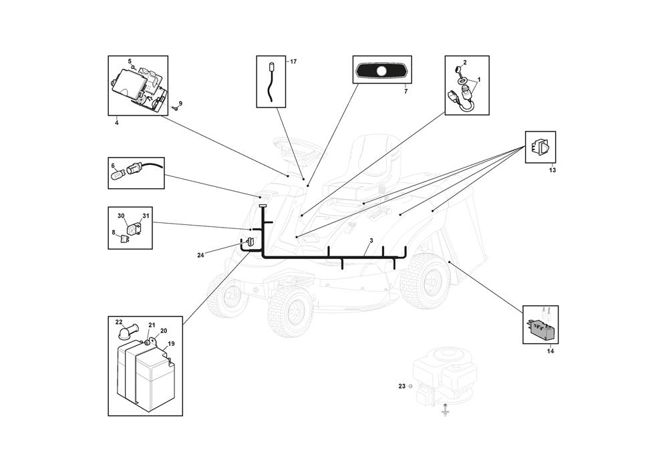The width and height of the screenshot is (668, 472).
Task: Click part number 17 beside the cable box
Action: (x=293, y=61)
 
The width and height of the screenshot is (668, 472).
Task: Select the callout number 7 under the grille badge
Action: (x=405, y=91)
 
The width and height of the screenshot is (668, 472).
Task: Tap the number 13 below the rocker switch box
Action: (x=552, y=170)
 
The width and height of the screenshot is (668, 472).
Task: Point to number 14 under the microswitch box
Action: (x=550, y=352)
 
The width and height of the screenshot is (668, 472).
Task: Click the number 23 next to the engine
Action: (x=401, y=386)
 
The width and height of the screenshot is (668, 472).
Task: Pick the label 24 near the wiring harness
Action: (x=200, y=256)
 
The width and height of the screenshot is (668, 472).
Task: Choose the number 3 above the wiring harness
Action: (x=371, y=240)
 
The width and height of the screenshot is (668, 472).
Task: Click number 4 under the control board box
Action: (x=117, y=123)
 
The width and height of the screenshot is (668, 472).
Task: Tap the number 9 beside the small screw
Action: (x=180, y=103)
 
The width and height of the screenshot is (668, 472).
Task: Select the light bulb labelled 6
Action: (x=118, y=175)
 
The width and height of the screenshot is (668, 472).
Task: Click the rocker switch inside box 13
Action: (x=540, y=148)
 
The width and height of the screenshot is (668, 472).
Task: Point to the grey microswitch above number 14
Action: (x=540, y=329)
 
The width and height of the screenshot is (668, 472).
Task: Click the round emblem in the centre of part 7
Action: (x=382, y=71)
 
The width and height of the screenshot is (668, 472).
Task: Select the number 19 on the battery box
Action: (x=171, y=343)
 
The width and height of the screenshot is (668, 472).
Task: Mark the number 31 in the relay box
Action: (x=146, y=216)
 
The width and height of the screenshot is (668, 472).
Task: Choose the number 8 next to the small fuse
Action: (x=114, y=232)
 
